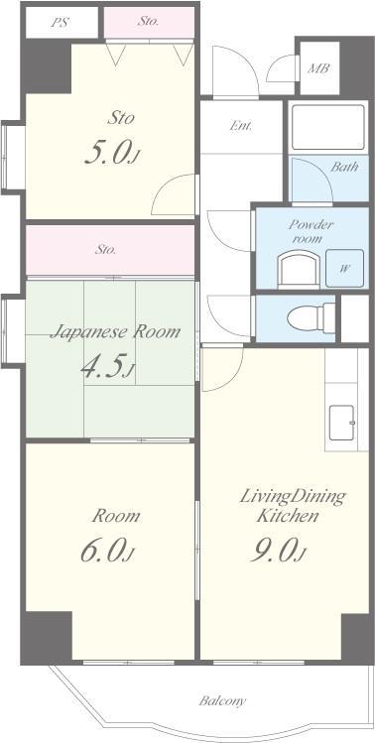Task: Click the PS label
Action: tap(61, 23)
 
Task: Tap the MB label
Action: tap(318, 68)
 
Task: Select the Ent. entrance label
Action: tap(241, 126)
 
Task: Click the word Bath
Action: tap(344, 167)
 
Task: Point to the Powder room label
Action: tap(304, 231)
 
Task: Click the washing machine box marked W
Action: tap(344, 268)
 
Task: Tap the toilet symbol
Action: tap(312, 317)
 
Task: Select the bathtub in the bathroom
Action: tap(327, 127)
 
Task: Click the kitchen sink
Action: tap(341, 423)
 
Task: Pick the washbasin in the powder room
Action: tap(299, 270)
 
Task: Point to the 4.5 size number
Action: tap(108, 365)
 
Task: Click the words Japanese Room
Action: tap(115, 331)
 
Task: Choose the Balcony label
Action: tap(222, 700)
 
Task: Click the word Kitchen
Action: tap(288, 516)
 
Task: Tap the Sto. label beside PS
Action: tap(149, 21)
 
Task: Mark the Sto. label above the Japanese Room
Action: tap(105, 250)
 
